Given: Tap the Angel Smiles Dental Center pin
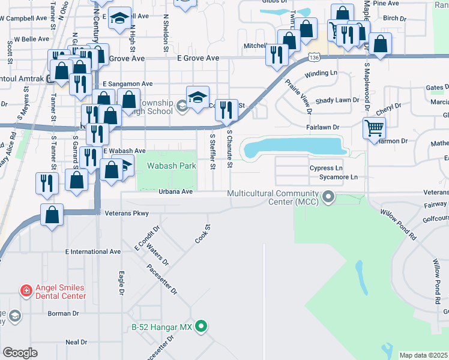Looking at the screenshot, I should click(26, 292).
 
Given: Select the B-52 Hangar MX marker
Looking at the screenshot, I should click(202, 327).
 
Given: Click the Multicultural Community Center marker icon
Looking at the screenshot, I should click(328, 196).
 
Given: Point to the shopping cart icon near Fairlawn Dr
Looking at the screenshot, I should click(373, 127).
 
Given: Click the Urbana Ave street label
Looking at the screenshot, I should click(175, 191).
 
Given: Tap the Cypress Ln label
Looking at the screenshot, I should click(326, 169).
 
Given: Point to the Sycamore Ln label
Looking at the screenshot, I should click(337, 178).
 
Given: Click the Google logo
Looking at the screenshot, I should click(20, 352).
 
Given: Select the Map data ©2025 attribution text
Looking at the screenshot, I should click(423, 355).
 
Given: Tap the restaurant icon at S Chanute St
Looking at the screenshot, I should click(226, 110).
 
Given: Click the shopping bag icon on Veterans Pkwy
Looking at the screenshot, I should click(52, 214).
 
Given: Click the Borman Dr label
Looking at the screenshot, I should click(59, 313).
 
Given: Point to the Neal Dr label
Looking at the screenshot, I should click(76, 342).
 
